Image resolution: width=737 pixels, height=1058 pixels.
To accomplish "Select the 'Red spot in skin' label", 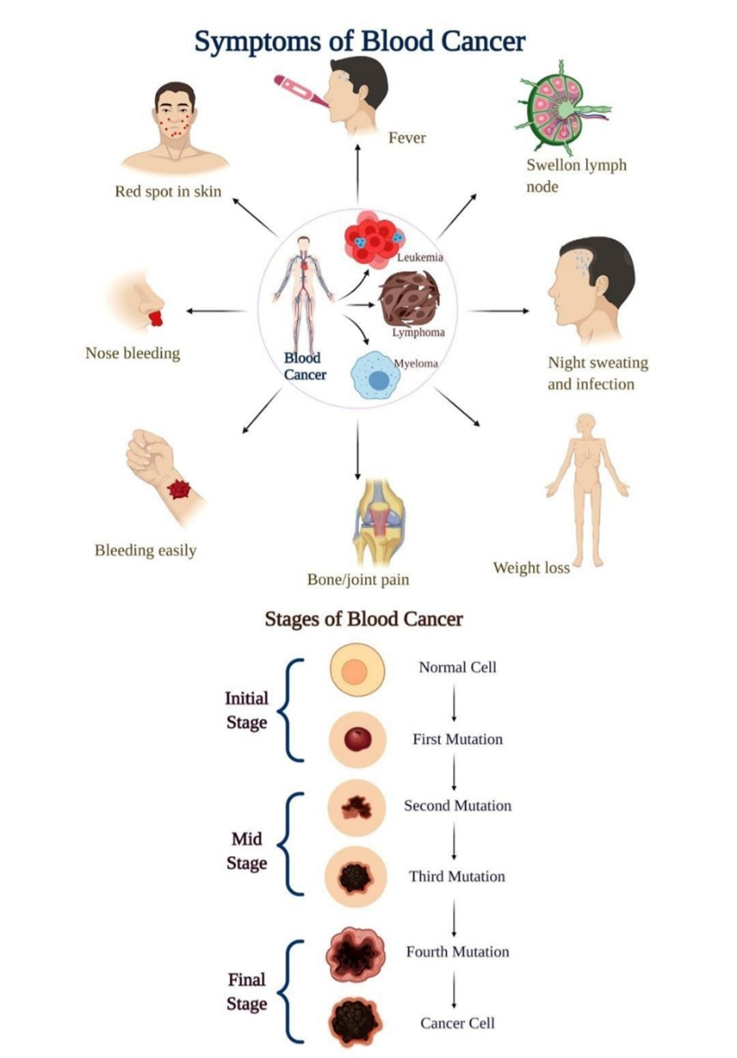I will tap(168, 191).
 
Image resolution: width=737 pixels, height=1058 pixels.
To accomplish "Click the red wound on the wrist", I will tap(182, 490).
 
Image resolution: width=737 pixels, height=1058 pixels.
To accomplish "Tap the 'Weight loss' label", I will tap(531, 568).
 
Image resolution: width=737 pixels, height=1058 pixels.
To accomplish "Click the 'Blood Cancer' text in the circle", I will tap(304, 366).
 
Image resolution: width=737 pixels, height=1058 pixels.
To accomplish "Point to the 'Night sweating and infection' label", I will tap(597, 373).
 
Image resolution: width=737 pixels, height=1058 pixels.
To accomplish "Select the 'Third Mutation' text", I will tap(457, 876).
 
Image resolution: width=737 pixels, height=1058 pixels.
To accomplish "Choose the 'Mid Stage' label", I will tap(246, 851).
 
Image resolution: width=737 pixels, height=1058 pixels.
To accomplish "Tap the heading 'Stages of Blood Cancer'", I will tap(364, 619).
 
